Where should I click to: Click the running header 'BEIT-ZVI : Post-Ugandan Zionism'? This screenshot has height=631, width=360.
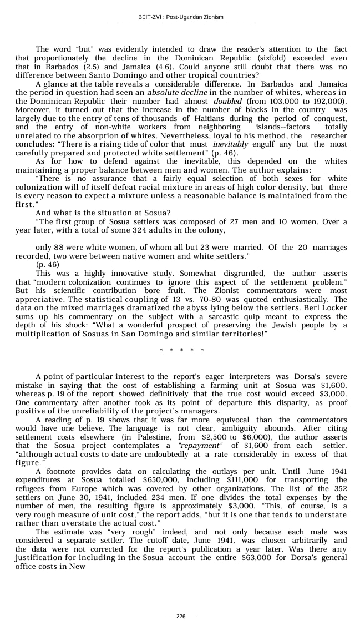point(180,17)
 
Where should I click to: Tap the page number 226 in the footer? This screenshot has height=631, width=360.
point(181,617)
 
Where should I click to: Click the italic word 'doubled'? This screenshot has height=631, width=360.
point(227,101)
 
